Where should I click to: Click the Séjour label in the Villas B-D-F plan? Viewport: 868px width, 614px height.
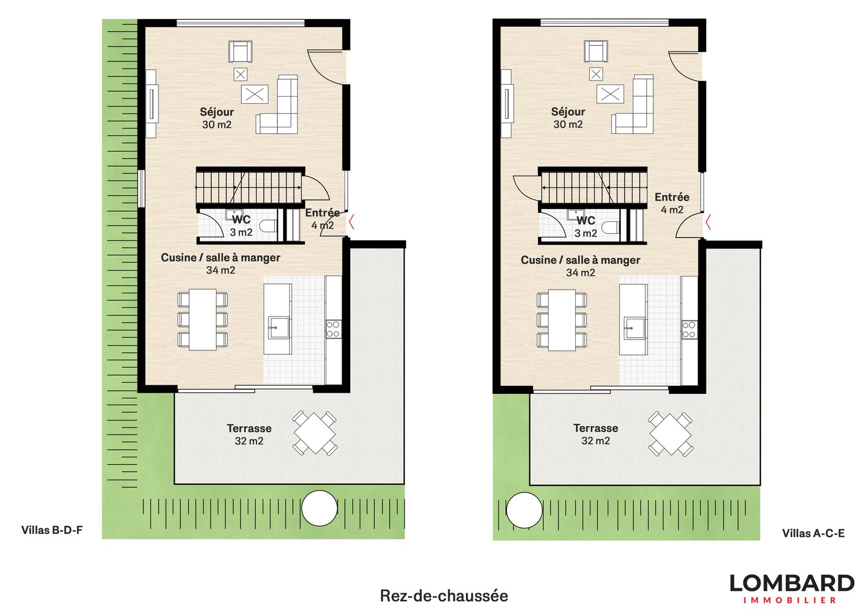[x=217, y=112]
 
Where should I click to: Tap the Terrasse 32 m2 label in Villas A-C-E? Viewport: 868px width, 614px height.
[x=595, y=434]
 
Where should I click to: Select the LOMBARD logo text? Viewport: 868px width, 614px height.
[x=791, y=583]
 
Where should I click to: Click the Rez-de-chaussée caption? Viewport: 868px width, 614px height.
[x=444, y=596]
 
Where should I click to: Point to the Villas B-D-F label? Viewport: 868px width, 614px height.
[x=52, y=530]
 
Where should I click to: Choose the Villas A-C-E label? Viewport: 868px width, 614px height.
[x=813, y=533]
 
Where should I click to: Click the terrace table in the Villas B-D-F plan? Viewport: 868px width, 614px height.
[x=315, y=433]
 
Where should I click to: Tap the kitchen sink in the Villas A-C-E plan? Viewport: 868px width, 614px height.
[x=634, y=327]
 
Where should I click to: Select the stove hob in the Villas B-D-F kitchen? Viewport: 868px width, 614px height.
[x=333, y=329]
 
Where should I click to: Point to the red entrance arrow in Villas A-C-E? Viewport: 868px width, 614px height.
[x=707, y=221]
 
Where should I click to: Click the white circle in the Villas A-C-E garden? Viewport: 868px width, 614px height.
[x=524, y=510]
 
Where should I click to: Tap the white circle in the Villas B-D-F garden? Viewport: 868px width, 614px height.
[x=319, y=508]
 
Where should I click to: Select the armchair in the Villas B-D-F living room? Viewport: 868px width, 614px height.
[x=240, y=52]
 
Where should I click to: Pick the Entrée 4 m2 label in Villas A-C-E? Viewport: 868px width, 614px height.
[x=672, y=203]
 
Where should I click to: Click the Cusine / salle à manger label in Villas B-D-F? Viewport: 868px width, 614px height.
[x=220, y=264]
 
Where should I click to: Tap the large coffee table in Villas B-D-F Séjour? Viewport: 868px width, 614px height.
[x=255, y=94]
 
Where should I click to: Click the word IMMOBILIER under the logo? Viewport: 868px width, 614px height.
[x=789, y=601]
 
